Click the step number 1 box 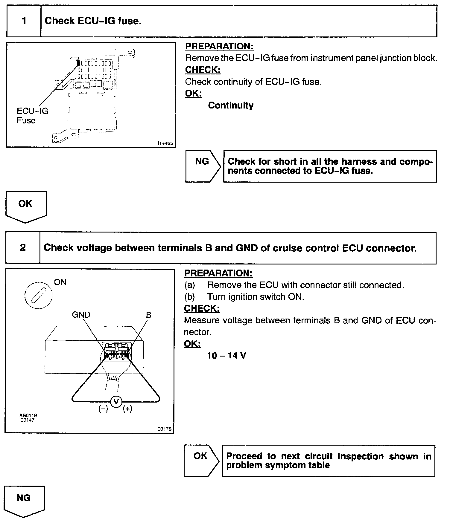24,21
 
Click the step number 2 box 23,248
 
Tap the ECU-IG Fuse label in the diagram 32,116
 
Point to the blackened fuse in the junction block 78,63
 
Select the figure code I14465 165,143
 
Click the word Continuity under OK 231,105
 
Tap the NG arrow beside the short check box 203,166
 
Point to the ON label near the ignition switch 60,282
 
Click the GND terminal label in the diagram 81,315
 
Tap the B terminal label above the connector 148,315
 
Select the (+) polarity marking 127,409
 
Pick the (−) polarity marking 103,409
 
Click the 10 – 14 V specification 226,356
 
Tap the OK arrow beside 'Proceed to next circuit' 201,461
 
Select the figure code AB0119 28,415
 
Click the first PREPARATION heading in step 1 219,46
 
